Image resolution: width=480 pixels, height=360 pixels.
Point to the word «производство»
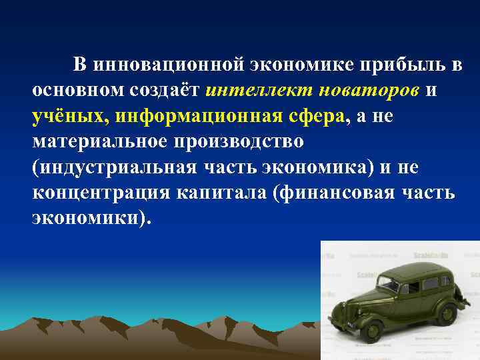pos(247,142)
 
